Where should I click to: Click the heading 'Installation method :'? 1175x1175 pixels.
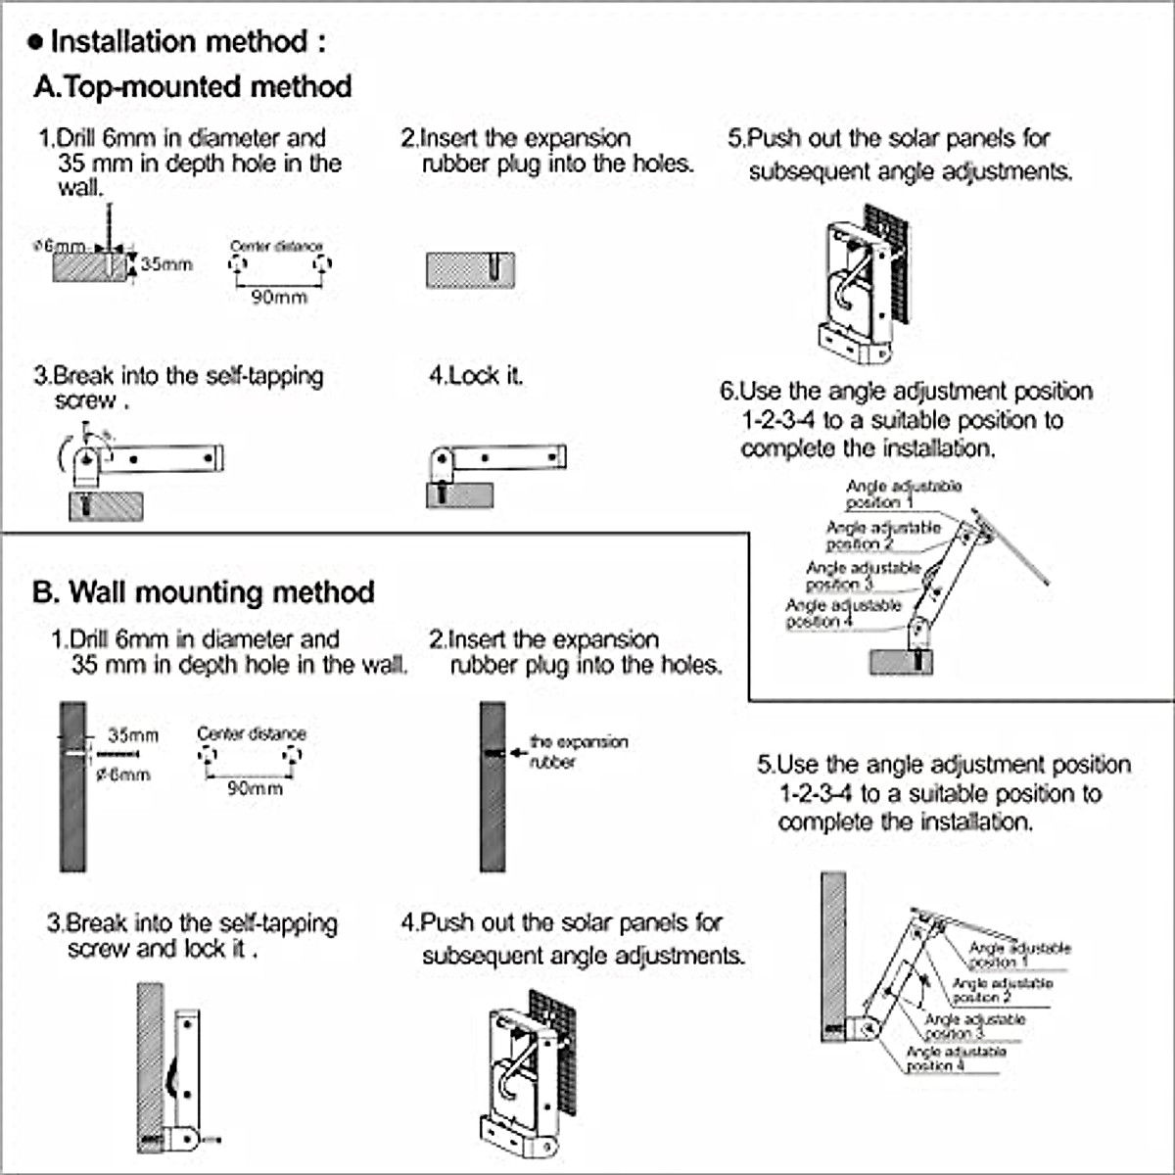(x=187, y=42)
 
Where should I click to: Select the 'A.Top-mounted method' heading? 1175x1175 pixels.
(x=193, y=87)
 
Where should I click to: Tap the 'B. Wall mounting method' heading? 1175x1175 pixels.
(x=204, y=592)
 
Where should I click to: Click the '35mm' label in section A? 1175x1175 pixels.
(x=166, y=264)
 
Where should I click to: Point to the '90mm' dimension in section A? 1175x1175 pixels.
(x=279, y=297)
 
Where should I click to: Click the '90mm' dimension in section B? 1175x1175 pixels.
(x=255, y=788)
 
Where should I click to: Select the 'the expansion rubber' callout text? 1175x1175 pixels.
(x=578, y=752)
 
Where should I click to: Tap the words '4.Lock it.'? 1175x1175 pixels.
(x=476, y=376)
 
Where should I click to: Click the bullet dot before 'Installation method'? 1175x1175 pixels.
(x=36, y=42)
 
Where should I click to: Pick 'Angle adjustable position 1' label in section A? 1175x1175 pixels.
(x=903, y=493)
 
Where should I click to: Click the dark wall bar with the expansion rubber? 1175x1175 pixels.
(x=493, y=786)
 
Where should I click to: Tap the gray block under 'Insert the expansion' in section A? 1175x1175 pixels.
(x=470, y=270)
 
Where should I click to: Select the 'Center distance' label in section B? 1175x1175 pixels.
(x=252, y=733)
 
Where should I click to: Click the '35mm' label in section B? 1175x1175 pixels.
(x=133, y=735)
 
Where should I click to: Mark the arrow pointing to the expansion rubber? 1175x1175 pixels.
(x=518, y=753)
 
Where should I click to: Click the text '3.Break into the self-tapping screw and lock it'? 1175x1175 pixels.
(x=192, y=936)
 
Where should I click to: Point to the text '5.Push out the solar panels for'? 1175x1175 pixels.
(x=889, y=138)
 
